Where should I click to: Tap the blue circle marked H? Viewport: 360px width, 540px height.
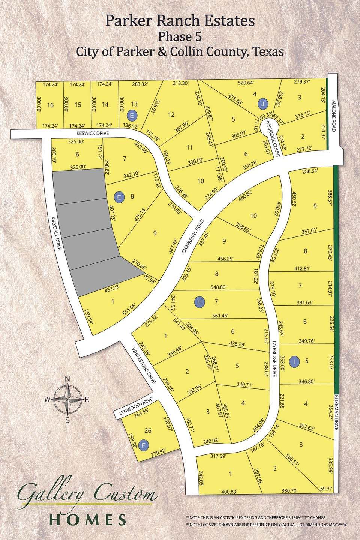tap(200, 301)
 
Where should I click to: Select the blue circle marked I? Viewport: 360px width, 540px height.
tap(295, 361)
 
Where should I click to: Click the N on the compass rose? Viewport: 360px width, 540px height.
tap(67, 379)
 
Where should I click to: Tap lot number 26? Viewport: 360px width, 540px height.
tap(147, 430)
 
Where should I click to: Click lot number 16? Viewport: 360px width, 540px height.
tap(51, 105)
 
